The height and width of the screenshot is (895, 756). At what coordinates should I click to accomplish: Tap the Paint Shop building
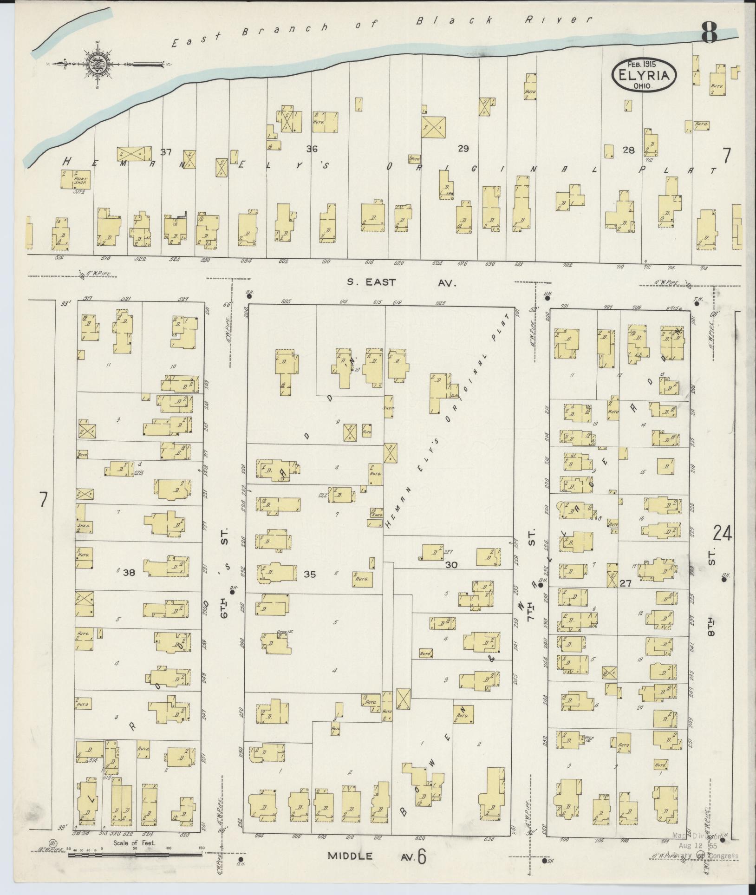coord(75,179)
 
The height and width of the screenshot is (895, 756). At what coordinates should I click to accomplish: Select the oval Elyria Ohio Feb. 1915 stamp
coord(644,74)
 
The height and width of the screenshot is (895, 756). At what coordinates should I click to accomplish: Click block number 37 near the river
coord(166,152)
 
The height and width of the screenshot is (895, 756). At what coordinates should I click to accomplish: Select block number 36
coord(311,149)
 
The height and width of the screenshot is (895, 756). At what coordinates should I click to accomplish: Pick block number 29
coord(463,149)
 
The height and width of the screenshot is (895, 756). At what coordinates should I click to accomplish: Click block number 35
coord(310,575)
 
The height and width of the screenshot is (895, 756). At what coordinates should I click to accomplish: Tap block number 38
coord(129,573)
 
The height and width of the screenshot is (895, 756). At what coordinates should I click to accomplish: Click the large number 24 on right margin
coord(723,533)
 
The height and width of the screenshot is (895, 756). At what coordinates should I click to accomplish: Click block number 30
coord(451,565)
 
